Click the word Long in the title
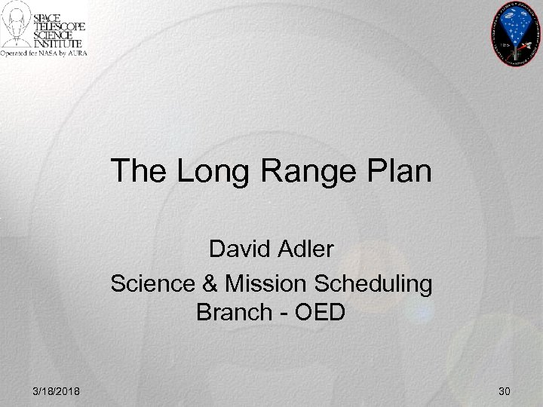[202, 171]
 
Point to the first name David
[239, 248]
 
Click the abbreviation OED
[317, 311]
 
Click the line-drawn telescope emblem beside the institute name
[18, 26]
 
